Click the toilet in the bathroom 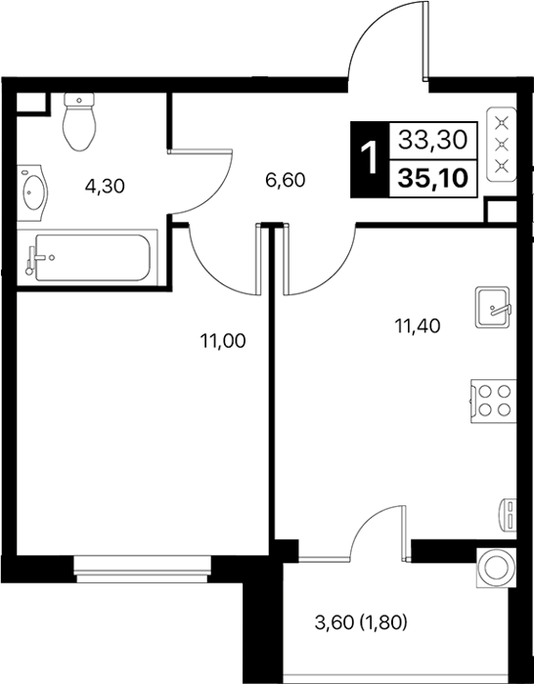pos(79,121)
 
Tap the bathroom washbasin pos(32,192)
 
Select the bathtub pos(87,257)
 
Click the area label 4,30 pos(105,187)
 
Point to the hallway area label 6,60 pos(286,180)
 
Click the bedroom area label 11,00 pos(223,341)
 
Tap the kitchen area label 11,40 pos(418,325)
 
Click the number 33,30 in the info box pos(432,140)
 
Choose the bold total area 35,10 pos(432,178)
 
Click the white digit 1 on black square pos(370,159)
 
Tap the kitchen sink pos(493,307)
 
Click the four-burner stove pos(493,402)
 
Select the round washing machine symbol pos(496,568)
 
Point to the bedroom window pos(143,569)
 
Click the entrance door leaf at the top pos(425,41)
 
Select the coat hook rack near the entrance pos(502,150)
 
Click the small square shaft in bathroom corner pos(31,103)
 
